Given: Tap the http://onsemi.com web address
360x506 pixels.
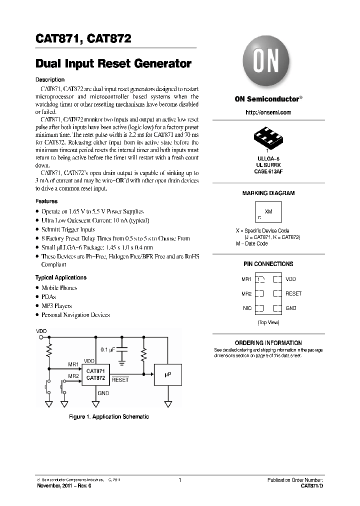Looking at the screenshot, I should [x=268, y=112].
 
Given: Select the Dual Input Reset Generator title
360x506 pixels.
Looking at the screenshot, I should [x=113, y=64].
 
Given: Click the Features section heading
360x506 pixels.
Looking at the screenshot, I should [x=46, y=201].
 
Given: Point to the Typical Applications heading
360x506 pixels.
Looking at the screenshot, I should [x=60, y=277].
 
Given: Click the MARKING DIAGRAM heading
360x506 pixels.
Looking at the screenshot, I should [x=268, y=193].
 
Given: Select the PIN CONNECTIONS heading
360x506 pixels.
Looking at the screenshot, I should [x=268, y=264].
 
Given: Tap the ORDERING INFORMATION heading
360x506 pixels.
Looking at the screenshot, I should [x=268, y=343].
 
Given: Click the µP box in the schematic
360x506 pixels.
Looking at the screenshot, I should [x=168, y=374].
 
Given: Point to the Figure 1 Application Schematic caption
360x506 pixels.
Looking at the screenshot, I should [x=108, y=416].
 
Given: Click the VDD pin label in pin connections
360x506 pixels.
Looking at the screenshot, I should [x=290, y=279].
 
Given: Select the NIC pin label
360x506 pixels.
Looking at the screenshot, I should [x=247, y=308].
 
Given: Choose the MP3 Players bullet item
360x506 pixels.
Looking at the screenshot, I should [x=56, y=306].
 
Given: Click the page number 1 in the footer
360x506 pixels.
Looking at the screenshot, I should [x=179, y=480].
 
